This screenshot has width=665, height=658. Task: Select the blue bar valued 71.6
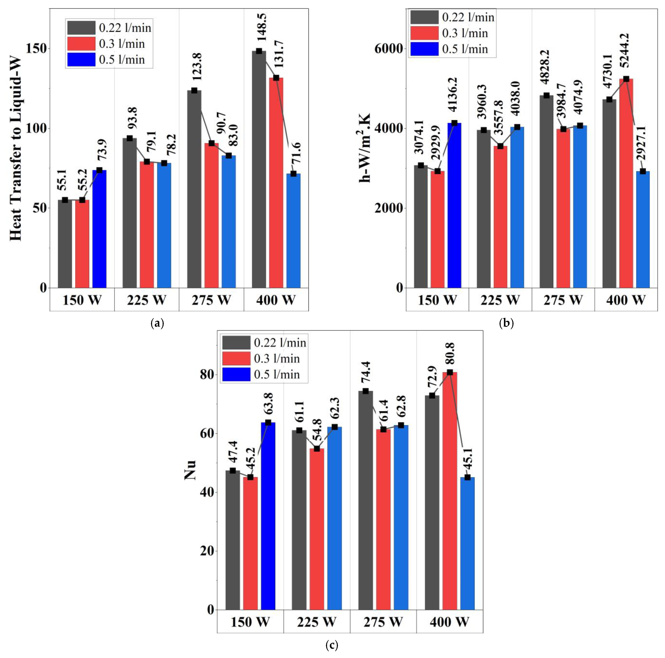(x=293, y=231)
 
